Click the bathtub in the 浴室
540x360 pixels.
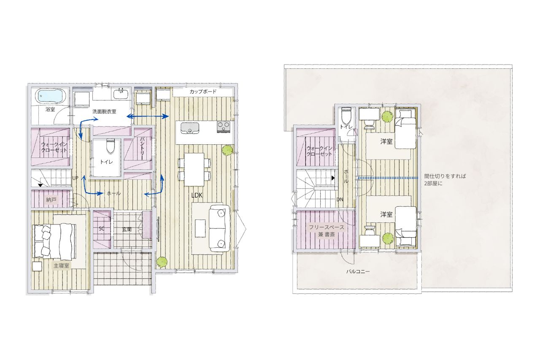[x=50, y=96]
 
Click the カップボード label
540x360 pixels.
[x=203, y=92]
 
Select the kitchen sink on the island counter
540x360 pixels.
[x=190, y=128]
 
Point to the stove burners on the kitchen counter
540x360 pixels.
[x=224, y=127]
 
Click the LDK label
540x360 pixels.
[x=197, y=195]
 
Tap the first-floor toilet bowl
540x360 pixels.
[x=110, y=146]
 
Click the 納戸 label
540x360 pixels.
[x=51, y=200]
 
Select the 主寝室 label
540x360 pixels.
[x=61, y=265]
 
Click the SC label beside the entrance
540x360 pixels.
[x=102, y=229]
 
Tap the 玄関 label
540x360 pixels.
[x=127, y=229]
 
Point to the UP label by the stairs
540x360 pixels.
[x=75, y=178]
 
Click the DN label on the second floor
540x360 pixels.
[x=340, y=199]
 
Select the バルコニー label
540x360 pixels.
[x=358, y=271]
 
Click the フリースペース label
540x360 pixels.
[x=327, y=227]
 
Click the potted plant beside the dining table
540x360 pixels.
[x=227, y=150]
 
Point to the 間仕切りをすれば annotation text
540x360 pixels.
[x=445, y=176]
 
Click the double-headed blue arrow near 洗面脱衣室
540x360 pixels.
[x=148, y=116]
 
